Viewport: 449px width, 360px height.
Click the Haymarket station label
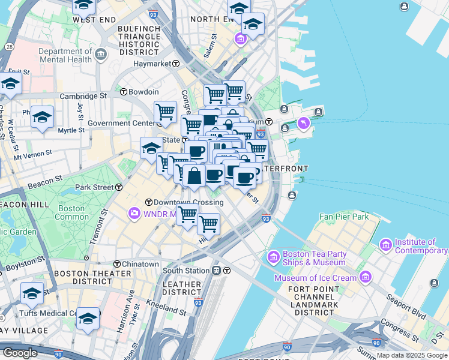point(152,64)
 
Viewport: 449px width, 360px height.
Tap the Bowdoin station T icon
point(124,92)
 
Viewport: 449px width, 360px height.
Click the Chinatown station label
point(140,264)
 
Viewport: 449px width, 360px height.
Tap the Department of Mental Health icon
point(100,56)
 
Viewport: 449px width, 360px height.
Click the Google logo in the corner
point(19,352)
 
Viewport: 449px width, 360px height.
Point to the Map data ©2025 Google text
point(411,355)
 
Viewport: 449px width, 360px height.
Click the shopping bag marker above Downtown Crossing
point(194,176)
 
